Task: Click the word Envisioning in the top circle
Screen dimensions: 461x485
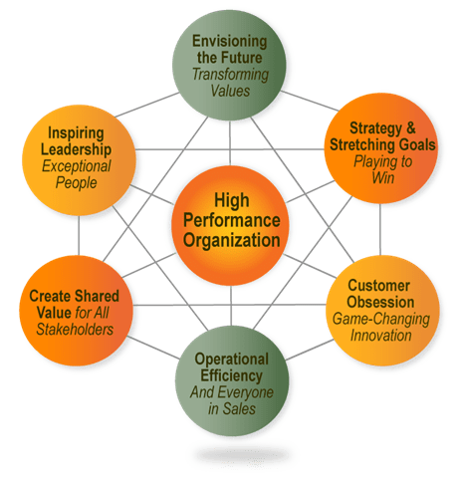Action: click(230, 42)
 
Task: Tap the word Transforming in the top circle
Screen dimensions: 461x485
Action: click(230, 75)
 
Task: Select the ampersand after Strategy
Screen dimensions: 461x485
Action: click(411, 127)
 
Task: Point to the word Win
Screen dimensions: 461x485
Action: click(383, 177)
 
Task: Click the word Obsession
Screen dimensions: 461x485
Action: click(380, 302)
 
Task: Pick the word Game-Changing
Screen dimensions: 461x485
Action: click(381, 320)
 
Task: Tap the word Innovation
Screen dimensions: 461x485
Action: click(381, 336)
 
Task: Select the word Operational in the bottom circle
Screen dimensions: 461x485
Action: click(232, 360)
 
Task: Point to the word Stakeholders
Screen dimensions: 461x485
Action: click(75, 330)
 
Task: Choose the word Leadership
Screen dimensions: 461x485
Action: click(76, 149)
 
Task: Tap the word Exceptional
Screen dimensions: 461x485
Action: click(77, 166)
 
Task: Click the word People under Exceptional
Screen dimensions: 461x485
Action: click(76, 183)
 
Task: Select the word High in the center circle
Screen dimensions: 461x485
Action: click(232, 200)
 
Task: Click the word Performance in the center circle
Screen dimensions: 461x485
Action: click(232, 220)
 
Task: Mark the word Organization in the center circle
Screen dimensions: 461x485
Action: click(232, 240)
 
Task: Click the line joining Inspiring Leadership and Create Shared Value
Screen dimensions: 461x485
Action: click(79, 235)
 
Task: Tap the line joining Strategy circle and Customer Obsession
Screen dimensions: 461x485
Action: click(380, 229)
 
